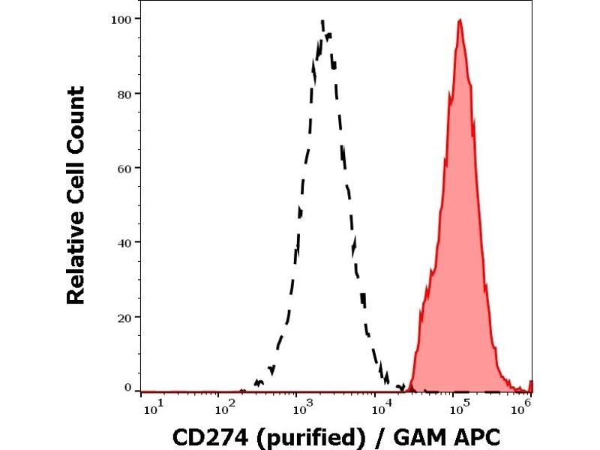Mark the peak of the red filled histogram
tap(459, 20)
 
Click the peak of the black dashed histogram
tap(322, 22)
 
